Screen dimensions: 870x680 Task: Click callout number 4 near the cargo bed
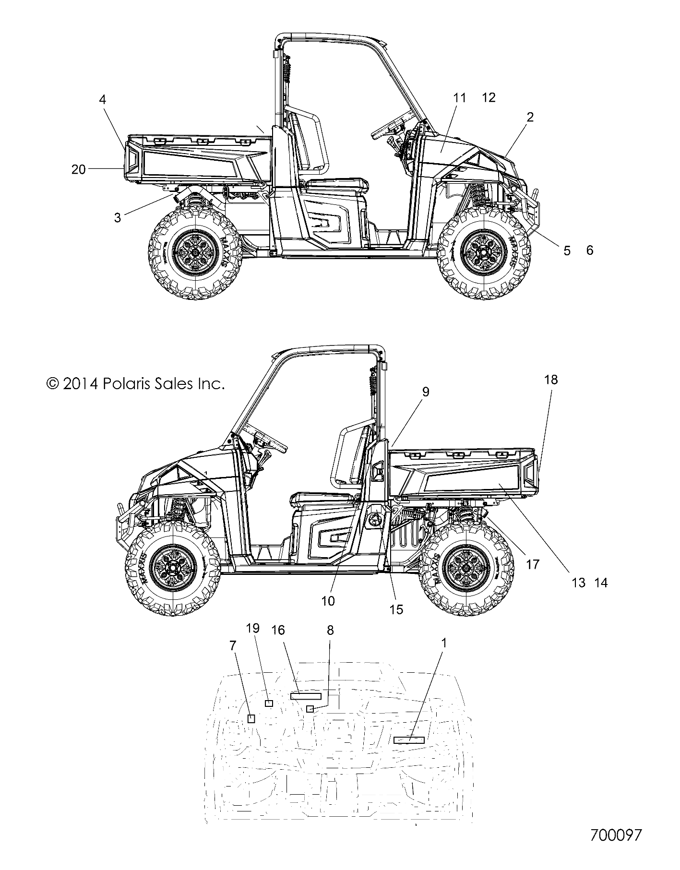[102, 99]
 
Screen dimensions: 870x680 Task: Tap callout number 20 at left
[78, 169]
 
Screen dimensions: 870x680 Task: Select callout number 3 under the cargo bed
[118, 217]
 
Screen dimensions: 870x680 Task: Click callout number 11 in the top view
[459, 98]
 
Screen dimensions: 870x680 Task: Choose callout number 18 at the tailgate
[551, 380]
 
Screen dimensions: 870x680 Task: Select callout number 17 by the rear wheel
[533, 564]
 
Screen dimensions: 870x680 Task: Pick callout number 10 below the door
[328, 600]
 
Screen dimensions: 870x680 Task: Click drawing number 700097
[616, 834]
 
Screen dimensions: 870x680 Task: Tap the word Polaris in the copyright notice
[127, 370]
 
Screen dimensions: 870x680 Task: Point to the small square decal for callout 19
[269, 703]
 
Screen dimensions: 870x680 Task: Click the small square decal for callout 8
[310, 709]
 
